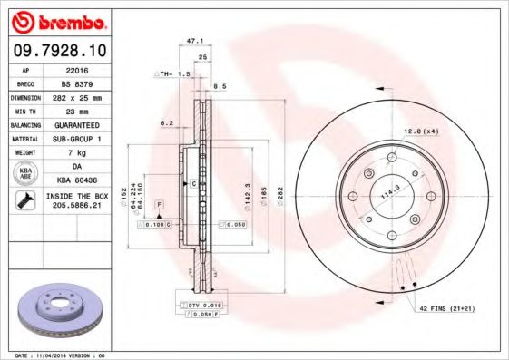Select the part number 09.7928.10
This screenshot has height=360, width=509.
point(58,50)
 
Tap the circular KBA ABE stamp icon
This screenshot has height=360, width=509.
point(25,173)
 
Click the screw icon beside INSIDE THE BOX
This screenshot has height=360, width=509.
point(25,201)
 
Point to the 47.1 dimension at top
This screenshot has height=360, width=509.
point(192,41)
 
